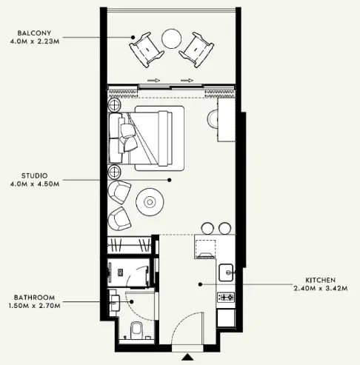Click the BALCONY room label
[34, 33]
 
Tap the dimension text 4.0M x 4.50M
[35, 184]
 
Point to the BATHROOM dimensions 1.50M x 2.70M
[34, 306]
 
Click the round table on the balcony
[172, 39]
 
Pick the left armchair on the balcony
[147, 50]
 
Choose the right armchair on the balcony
[197, 50]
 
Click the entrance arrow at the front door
[188, 357]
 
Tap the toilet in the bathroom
[136, 329]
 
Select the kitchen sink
[226, 272]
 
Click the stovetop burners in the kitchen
[226, 297]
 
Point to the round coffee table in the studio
[150, 202]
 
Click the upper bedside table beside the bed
[114, 104]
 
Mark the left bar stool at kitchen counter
[207, 228]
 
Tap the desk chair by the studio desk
[212, 119]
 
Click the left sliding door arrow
[153, 80]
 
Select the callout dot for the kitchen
[200, 284]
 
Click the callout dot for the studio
[169, 180]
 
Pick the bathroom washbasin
[116, 302]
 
